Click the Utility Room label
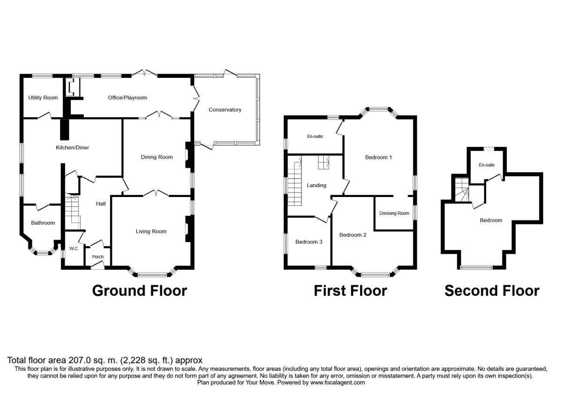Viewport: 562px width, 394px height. (x=43, y=98)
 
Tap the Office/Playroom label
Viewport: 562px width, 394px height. (x=127, y=98)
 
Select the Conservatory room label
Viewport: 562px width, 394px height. (x=225, y=110)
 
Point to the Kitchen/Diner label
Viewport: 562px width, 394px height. (x=72, y=147)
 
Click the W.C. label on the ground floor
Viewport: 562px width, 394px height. (x=74, y=249)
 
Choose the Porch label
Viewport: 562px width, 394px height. (x=97, y=257)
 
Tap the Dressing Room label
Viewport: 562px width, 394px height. (x=394, y=213)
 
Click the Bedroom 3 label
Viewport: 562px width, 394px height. (x=309, y=242)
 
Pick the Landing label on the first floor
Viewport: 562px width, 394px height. (x=317, y=185)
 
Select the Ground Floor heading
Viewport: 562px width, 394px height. (x=140, y=291)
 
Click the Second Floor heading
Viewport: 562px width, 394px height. (x=492, y=291)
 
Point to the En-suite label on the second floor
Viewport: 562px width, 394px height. (x=487, y=165)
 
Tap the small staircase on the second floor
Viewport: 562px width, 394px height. (x=462, y=189)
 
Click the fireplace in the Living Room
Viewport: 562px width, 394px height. (x=189, y=229)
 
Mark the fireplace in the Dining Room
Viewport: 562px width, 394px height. (x=189, y=155)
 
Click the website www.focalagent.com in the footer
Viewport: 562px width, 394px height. (x=338, y=383)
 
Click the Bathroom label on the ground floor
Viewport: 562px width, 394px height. (x=43, y=223)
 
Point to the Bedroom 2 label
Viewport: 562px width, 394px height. (x=353, y=235)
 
